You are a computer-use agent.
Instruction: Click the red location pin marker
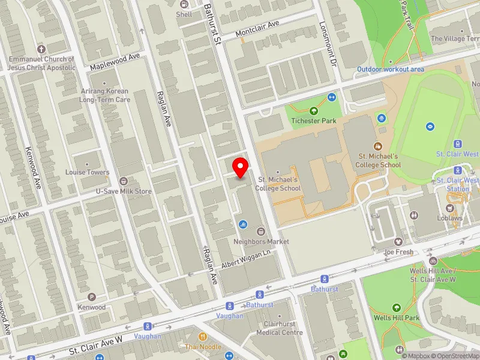pos(241,167)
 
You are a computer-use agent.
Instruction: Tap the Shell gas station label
pos(184,14)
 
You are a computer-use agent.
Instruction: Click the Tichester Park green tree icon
pos(313,110)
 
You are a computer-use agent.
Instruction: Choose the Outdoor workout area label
pos(391,69)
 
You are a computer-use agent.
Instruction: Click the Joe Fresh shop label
pos(398,252)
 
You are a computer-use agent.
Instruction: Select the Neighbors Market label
pos(261,241)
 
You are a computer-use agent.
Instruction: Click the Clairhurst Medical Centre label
pos(280,328)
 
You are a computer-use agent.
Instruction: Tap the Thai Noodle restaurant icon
pos(203,336)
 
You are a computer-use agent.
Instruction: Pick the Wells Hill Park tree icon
pos(395,308)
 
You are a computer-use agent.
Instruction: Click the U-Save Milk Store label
pos(124,191)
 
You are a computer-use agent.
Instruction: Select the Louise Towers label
pos(88,172)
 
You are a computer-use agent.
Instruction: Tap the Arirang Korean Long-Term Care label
pos(105,95)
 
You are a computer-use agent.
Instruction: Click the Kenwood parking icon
pos(92,297)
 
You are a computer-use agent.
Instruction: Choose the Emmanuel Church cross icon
pos(41,49)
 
